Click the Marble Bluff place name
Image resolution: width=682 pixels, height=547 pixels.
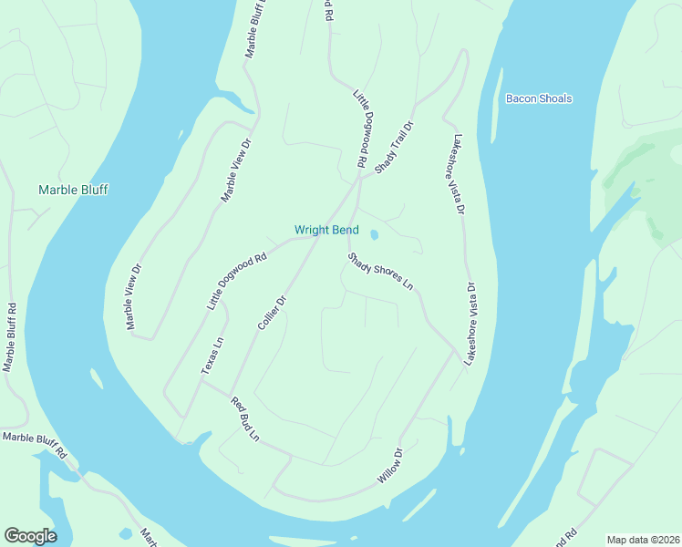pos(73,190)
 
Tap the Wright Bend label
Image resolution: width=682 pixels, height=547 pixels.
pos(326,230)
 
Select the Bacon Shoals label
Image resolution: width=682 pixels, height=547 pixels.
pos(539,98)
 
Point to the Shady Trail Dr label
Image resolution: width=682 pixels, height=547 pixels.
pos(395,148)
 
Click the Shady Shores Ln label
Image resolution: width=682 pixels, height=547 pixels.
pos(380,272)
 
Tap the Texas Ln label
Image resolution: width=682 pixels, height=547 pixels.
pos(212,356)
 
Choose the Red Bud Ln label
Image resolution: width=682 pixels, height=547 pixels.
pos(245,419)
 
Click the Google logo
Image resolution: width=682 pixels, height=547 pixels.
pos(30,536)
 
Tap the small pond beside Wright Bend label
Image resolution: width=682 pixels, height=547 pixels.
pos(374,234)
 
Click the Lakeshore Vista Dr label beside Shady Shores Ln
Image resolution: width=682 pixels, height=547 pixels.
pos(470,325)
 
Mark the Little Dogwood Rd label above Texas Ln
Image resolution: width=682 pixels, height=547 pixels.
pos(236,282)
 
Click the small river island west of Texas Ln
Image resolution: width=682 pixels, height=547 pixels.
pos(94,376)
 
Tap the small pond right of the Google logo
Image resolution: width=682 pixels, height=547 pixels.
pos(125,533)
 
